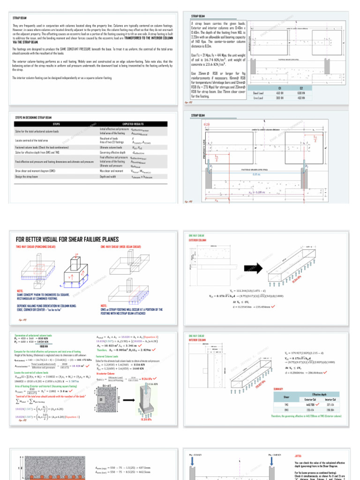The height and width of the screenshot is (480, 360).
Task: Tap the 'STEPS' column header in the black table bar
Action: coord(56,124)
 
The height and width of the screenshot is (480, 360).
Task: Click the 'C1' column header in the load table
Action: coord(279,87)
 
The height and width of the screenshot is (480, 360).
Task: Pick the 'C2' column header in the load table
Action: coord(301,87)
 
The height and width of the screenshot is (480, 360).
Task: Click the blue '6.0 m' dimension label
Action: coord(256,174)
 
